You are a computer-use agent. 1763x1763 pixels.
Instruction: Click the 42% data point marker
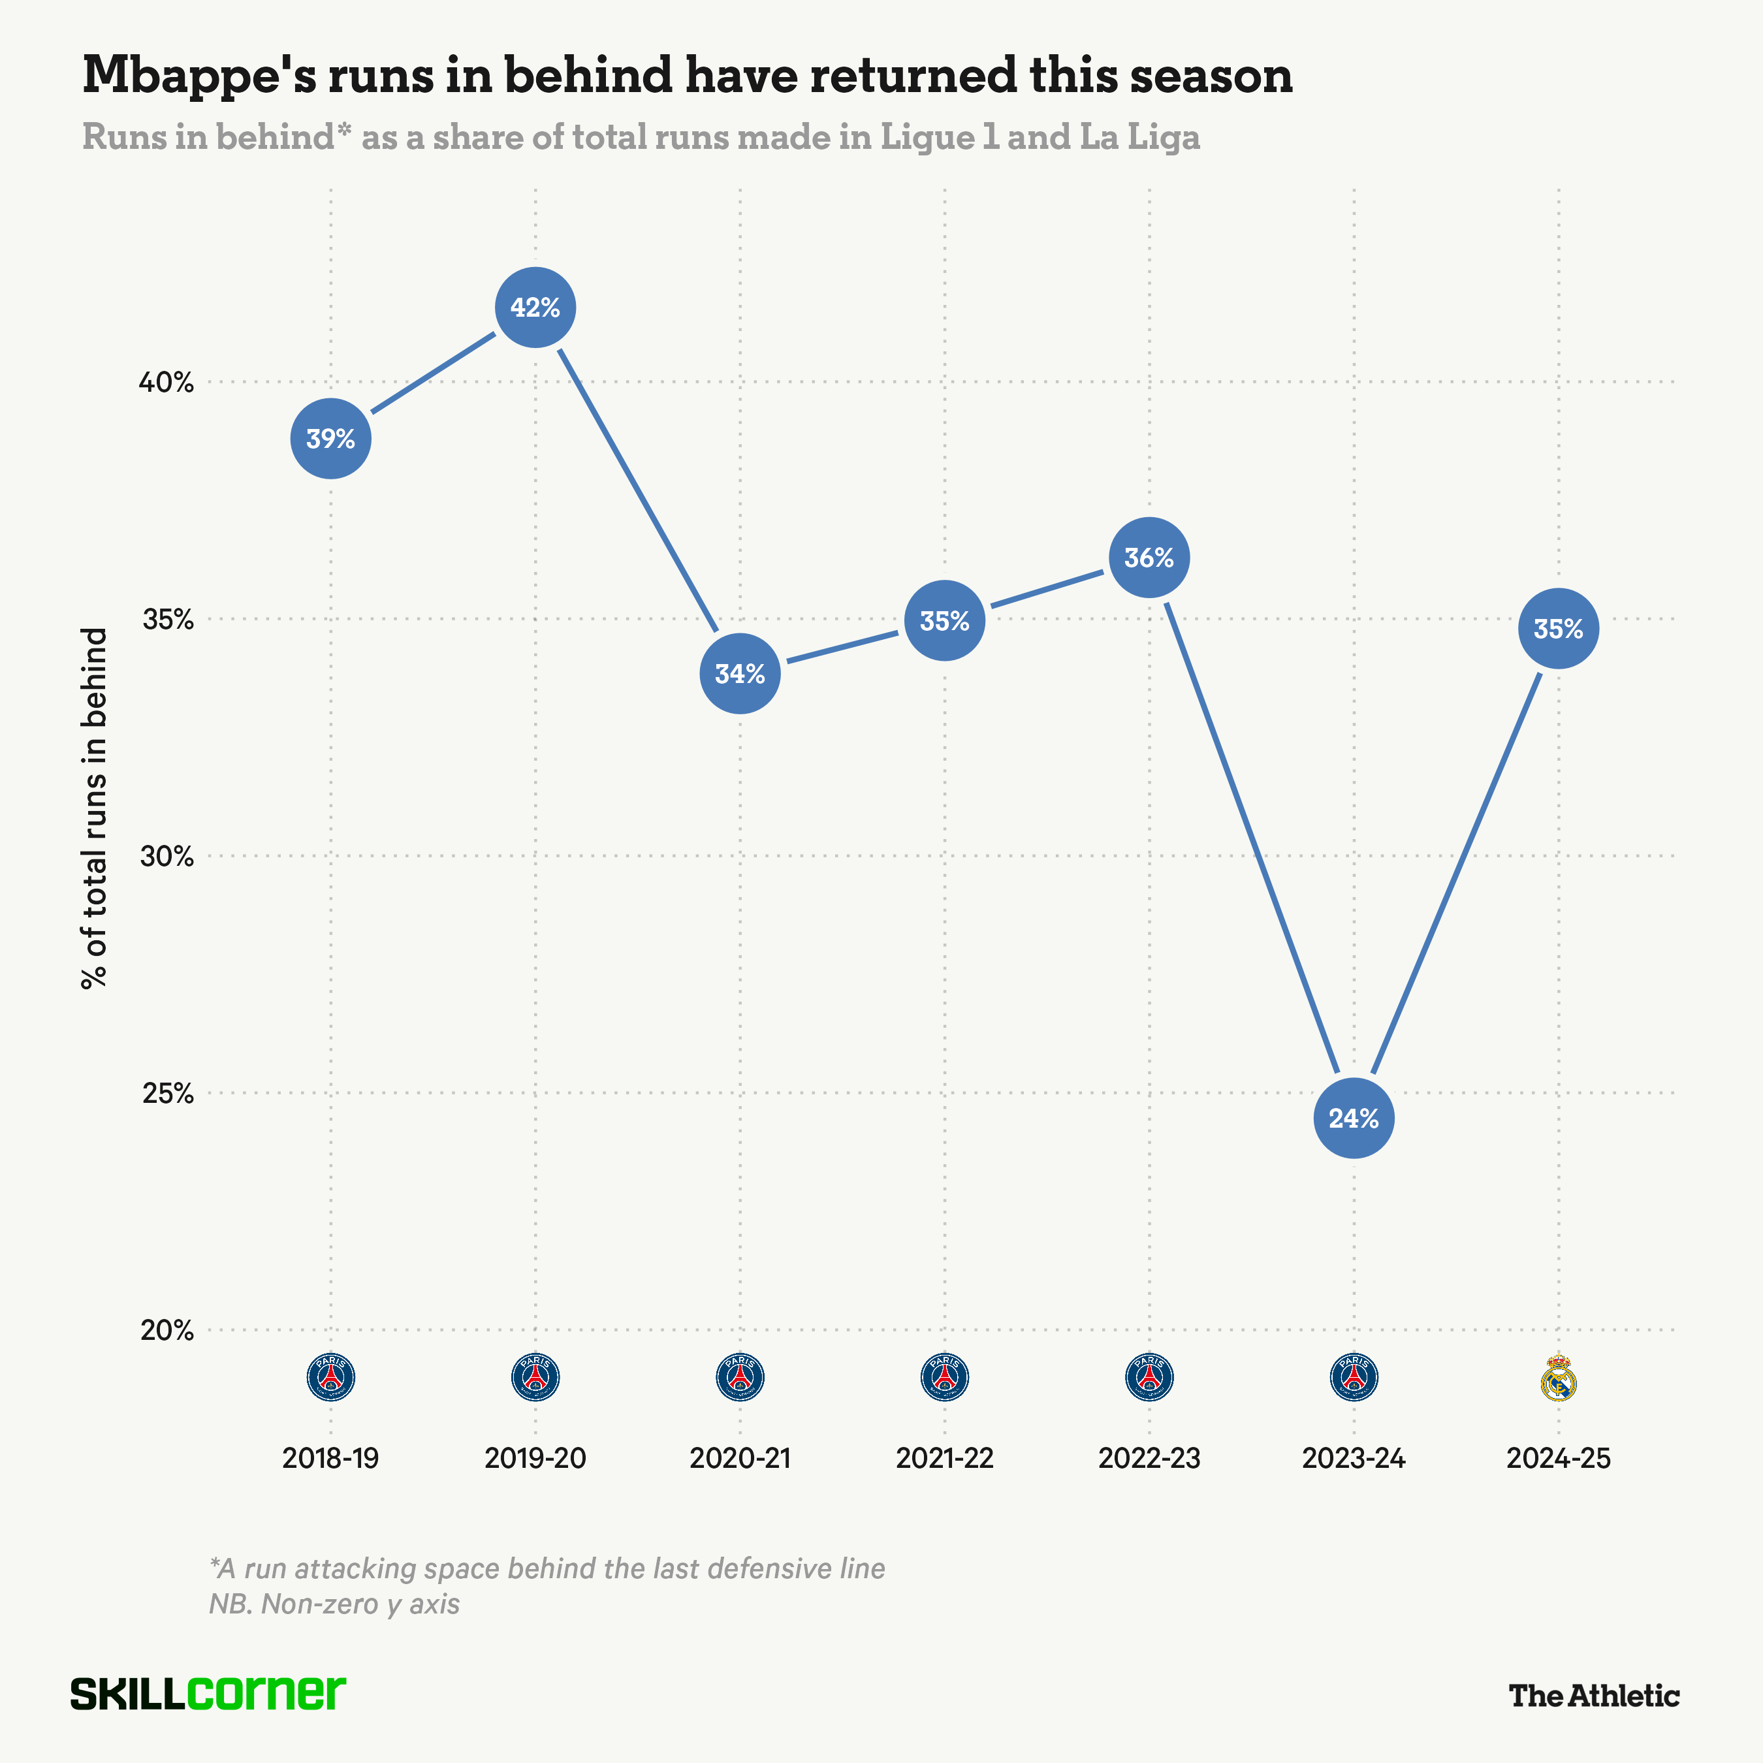click(535, 308)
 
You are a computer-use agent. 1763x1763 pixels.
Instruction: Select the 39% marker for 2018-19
click(330, 439)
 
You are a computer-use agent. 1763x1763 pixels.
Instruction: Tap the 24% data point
click(1354, 1118)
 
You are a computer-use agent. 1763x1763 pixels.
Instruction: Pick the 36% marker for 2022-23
click(1149, 558)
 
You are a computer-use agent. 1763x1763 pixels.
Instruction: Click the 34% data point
click(740, 673)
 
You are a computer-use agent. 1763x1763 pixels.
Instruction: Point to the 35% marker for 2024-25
click(1558, 629)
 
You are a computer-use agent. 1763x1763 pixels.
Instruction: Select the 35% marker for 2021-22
click(944, 620)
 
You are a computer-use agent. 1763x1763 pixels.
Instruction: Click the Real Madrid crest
click(1558, 1379)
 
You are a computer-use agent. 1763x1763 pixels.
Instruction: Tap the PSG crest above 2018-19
click(330, 1377)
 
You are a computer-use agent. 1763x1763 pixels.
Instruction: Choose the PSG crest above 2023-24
click(1354, 1377)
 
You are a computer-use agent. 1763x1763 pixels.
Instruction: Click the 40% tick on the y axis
click(166, 383)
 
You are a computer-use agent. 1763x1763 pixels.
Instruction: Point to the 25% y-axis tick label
click(168, 1093)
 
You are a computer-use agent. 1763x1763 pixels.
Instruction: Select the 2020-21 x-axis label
click(740, 1458)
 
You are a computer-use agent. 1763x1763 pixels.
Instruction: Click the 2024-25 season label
click(1558, 1458)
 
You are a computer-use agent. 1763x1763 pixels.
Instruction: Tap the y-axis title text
click(94, 808)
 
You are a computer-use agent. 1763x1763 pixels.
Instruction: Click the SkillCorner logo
click(208, 1694)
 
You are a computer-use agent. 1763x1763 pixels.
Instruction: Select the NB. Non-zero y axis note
click(334, 1603)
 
